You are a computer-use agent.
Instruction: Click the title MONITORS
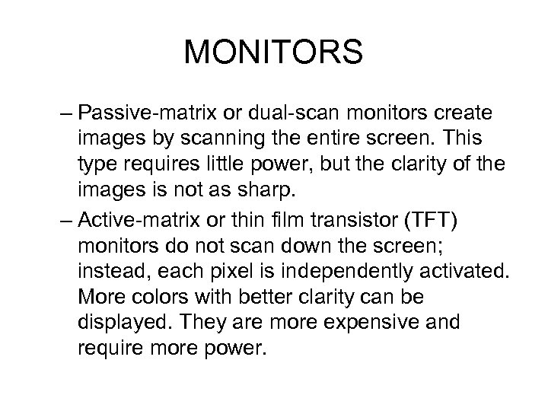point(274,53)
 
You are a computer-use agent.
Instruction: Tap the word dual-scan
point(267,113)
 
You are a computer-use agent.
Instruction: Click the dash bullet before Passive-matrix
point(65,113)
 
